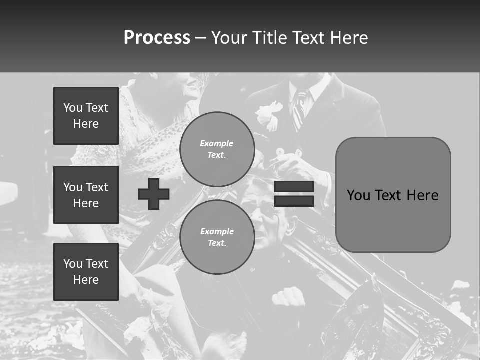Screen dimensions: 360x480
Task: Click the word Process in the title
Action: click(157, 38)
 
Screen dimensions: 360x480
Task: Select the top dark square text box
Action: click(86, 116)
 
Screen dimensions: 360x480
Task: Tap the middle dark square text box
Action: click(86, 195)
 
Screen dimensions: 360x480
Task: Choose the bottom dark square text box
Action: click(86, 271)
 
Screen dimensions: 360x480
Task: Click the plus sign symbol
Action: click(154, 194)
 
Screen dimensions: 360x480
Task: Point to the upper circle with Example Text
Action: click(217, 149)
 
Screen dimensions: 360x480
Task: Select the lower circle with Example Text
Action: click(217, 237)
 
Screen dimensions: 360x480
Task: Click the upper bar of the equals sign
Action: click(294, 187)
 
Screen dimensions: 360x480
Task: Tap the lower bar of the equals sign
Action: click(294, 201)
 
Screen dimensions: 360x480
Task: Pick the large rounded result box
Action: click(393, 195)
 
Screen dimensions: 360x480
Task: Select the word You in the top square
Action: click(73, 108)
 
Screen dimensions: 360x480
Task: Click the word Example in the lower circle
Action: click(217, 231)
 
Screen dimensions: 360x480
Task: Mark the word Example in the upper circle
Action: click(217, 143)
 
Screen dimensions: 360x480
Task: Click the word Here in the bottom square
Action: click(86, 280)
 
